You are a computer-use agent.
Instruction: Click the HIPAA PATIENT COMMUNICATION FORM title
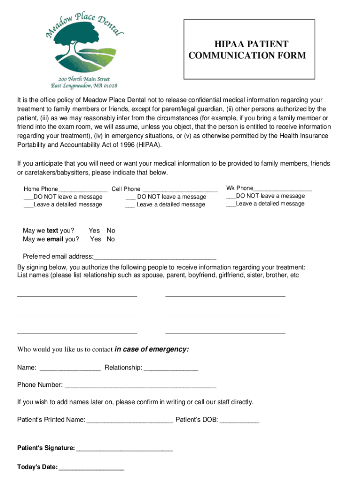pyautogui.click(x=247, y=50)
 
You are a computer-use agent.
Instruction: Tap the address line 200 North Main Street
pyautogui.click(x=84, y=79)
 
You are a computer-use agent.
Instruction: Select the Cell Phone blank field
pyautogui.click(x=180, y=189)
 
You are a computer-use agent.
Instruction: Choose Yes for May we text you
pyautogui.click(x=94, y=231)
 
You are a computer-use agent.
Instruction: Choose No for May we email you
pyautogui.click(x=111, y=239)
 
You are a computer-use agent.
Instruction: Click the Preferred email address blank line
pyautogui.click(x=155, y=257)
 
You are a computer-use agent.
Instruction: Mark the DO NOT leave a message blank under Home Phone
pyautogui.click(x=29, y=197)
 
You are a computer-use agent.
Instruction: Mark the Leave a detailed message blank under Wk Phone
pyautogui.click(x=231, y=204)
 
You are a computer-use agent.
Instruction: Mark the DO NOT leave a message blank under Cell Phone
pyautogui.click(x=130, y=197)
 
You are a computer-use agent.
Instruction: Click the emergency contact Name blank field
pyautogui.click(x=70, y=368)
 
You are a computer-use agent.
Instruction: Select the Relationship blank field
pyautogui.click(x=171, y=368)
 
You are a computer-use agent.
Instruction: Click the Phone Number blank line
pyautogui.click(x=140, y=385)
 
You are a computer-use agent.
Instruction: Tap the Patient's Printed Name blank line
pyautogui.click(x=130, y=421)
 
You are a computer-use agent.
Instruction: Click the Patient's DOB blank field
pyautogui.click(x=239, y=421)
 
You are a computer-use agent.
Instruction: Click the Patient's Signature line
pyautogui.click(x=124, y=449)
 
